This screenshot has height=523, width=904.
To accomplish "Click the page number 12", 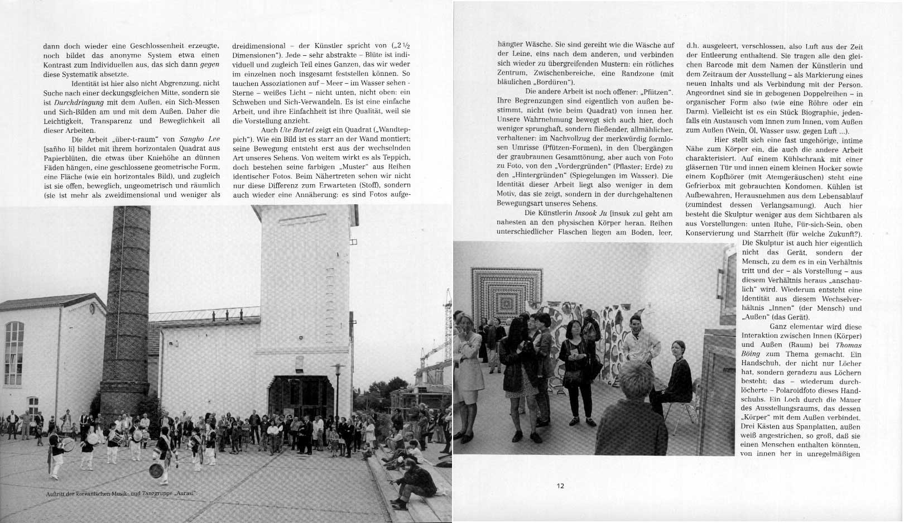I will click(560, 486).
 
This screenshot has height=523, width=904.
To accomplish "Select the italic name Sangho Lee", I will click(199, 139).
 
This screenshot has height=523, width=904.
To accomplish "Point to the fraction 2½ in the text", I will click(404, 46).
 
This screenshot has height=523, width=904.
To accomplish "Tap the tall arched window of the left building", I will click(13, 353).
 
